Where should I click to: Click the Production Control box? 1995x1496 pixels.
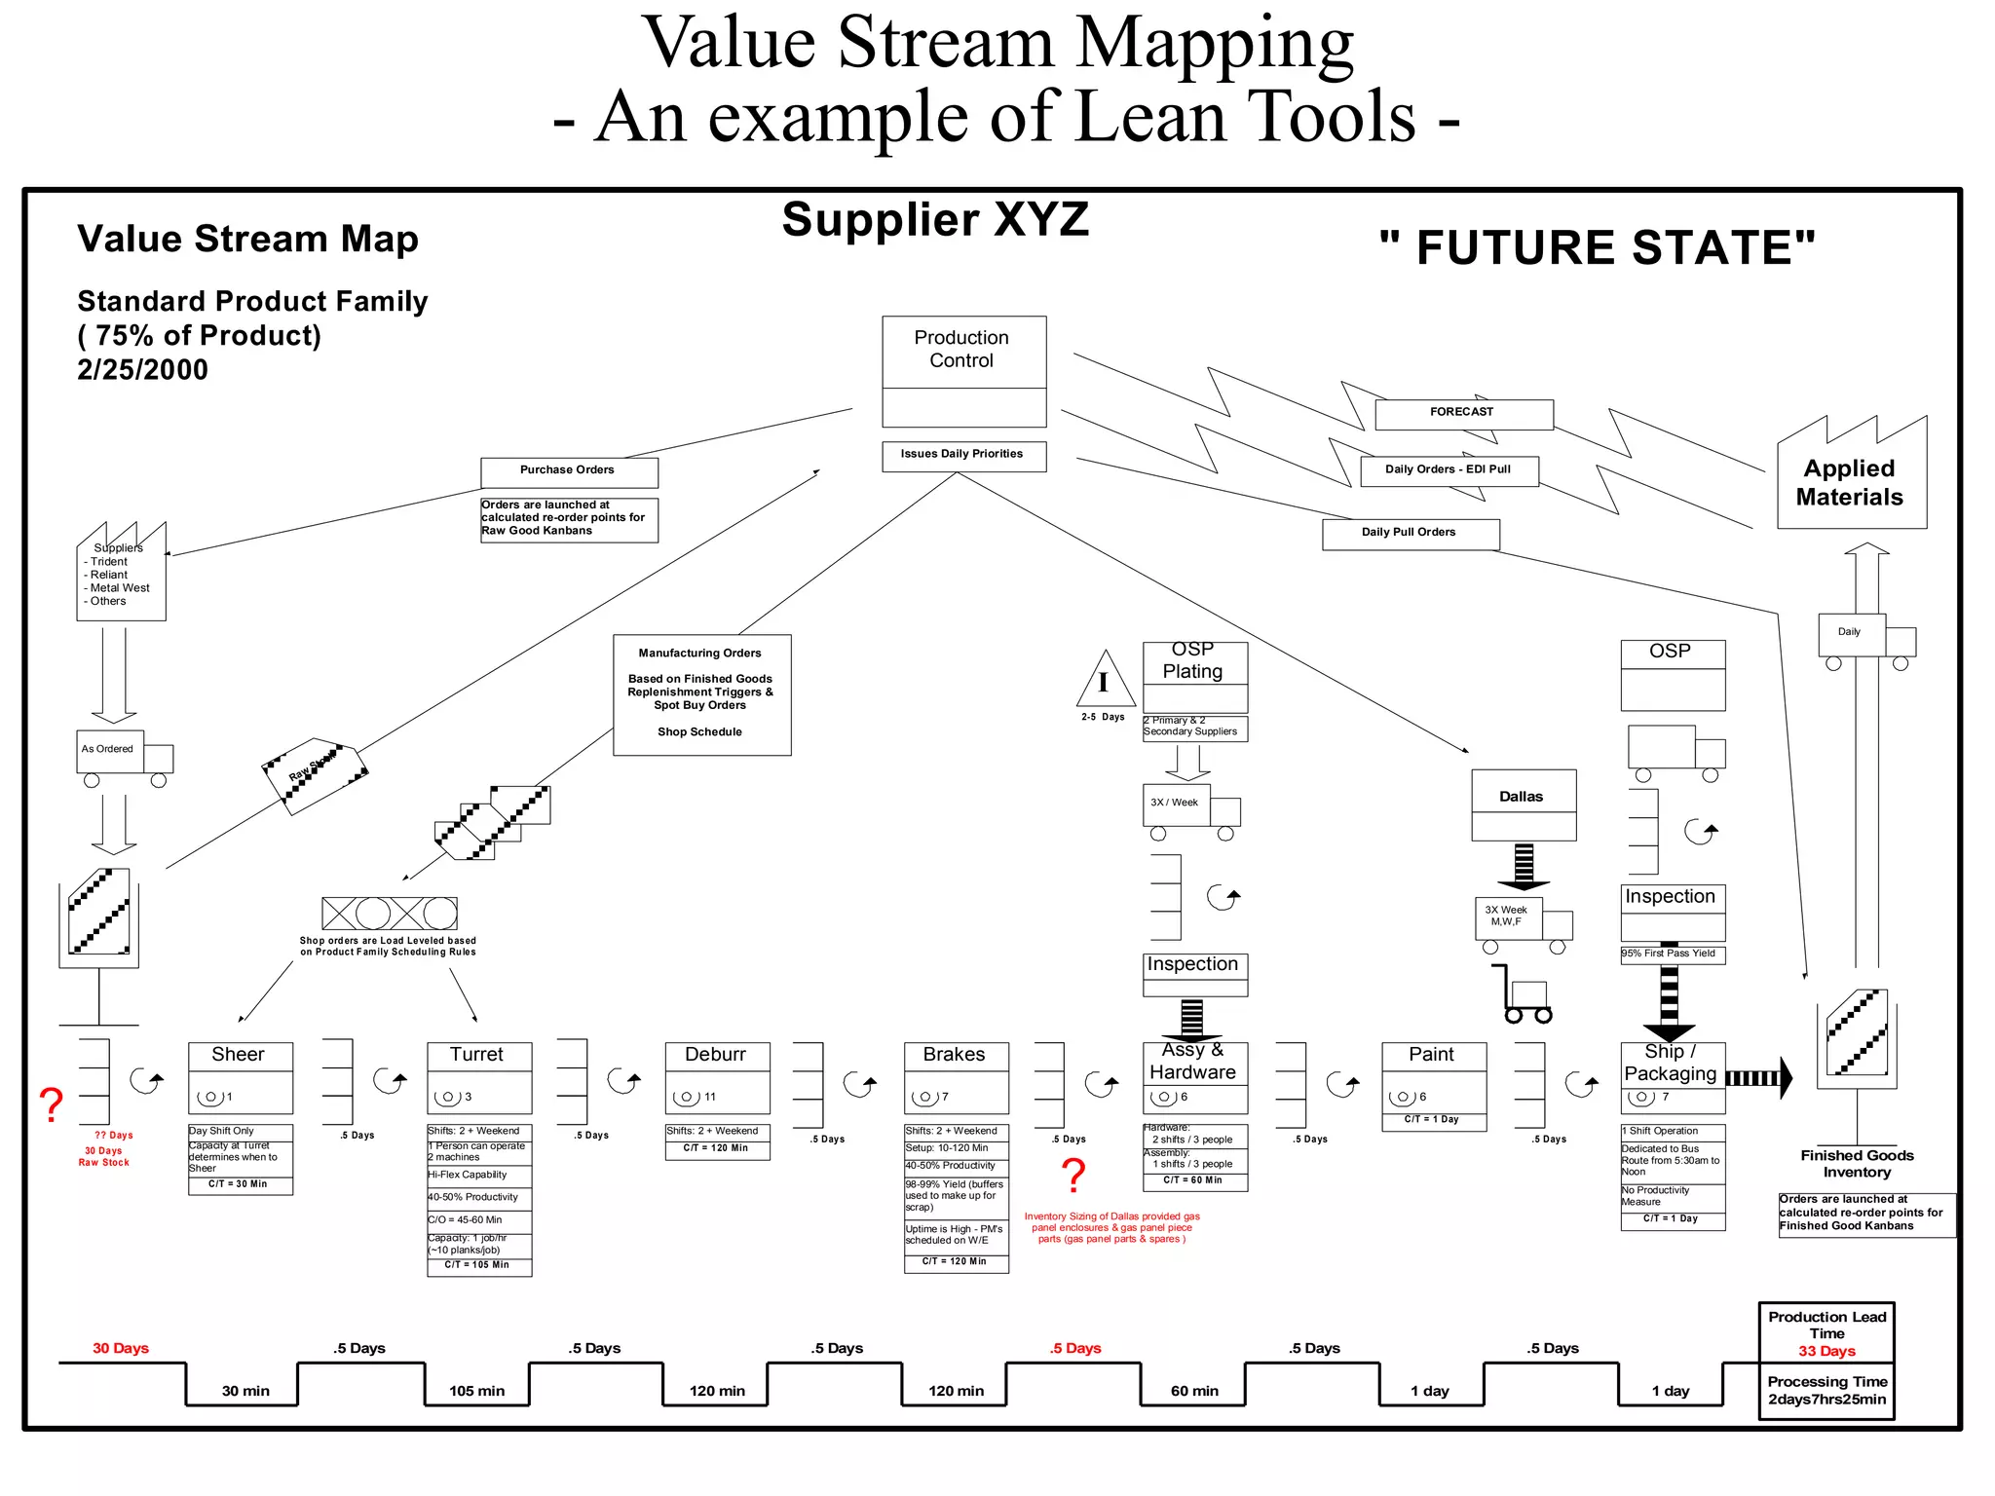tap(963, 370)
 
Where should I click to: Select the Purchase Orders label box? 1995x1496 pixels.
tap(569, 472)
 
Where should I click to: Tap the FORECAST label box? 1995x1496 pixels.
tap(1463, 414)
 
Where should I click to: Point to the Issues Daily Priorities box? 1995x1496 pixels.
tap(963, 456)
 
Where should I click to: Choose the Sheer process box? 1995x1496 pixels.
tap(240, 1077)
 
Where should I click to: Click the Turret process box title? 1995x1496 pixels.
tap(478, 1055)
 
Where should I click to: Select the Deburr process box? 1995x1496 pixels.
tap(717, 1077)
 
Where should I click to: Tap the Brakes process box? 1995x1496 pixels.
tap(956, 1077)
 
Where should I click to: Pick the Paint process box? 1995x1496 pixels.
tap(1433, 1077)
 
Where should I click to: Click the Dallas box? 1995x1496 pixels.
tap(1523, 804)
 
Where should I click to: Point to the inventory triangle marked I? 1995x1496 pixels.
tap(1105, 682)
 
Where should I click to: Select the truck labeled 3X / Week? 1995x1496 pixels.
tap(1189, 809)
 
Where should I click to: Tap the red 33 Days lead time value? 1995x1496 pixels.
tap(1826, 1351)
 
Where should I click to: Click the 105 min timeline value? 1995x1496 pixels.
tap(477, 1391)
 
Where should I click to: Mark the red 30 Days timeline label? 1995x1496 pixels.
tap(121, 1348)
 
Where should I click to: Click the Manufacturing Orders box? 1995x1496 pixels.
tap(701, 694)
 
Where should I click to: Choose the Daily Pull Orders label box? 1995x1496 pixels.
tap(1410, 534)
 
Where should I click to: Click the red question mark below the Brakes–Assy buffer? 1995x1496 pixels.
tap(1073, 1176)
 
